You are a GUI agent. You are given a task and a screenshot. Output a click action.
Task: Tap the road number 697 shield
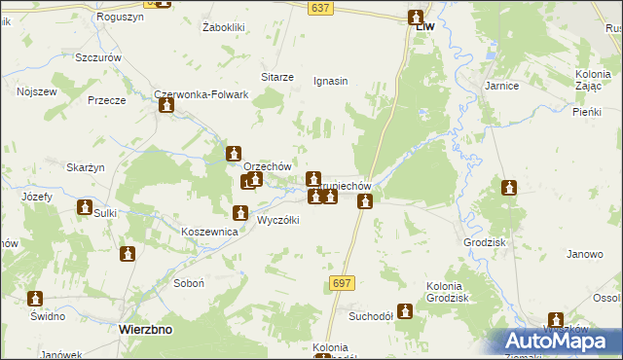point(342,283)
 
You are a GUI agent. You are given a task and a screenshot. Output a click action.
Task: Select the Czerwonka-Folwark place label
point(202,95)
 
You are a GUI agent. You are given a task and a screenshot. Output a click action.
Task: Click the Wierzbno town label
point(145,330)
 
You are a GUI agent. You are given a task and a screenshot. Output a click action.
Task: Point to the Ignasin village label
point(330,81)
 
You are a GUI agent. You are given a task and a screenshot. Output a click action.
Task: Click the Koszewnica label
point(210,233)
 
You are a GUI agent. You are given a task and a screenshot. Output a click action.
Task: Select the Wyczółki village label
point(277,220)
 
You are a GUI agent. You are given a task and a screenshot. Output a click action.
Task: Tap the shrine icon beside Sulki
point(85,207)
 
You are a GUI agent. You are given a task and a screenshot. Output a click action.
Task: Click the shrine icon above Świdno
point(36,299)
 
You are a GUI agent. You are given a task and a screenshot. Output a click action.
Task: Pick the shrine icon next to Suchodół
point(405,311)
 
